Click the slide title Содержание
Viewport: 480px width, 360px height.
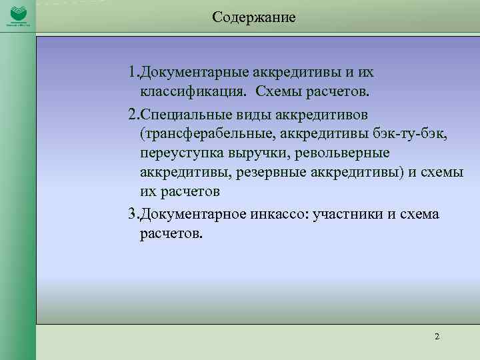tap(254, 17)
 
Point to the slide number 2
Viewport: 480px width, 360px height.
tap(437, 336)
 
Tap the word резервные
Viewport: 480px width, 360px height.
tap(299, 173)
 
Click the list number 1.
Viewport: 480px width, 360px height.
tap(133, 71)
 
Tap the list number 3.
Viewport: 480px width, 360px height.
tap(133, 215)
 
